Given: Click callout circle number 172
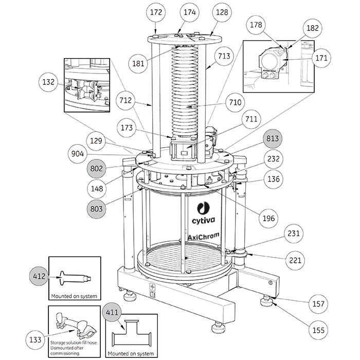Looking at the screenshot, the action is click(156, 12).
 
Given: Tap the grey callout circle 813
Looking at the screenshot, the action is click(272, 139).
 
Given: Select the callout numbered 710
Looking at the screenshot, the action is click(235, 102).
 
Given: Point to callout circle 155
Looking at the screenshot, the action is click(318, 330).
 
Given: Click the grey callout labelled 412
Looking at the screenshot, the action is click(39, 276).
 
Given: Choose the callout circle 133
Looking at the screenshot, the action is click(35, 339).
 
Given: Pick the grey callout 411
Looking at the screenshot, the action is click(112, 312).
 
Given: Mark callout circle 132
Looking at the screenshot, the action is click(48, 82).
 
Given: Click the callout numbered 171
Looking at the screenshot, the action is click(321, 58).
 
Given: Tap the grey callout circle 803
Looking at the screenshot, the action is click(97, 209).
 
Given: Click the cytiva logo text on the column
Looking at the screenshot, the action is click(204, 221).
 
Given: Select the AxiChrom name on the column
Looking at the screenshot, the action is click(204, 236).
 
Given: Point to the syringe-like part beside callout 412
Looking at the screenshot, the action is click(75, 279).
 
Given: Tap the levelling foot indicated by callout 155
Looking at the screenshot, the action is click(267, 302).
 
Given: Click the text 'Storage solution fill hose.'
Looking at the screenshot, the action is click(74, 343).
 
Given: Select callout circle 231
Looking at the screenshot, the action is click(294, 233).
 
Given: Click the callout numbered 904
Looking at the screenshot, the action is click(78, 154).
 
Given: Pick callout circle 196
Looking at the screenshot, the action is click(268, 218).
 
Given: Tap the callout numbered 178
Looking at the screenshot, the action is click(256, 25).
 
